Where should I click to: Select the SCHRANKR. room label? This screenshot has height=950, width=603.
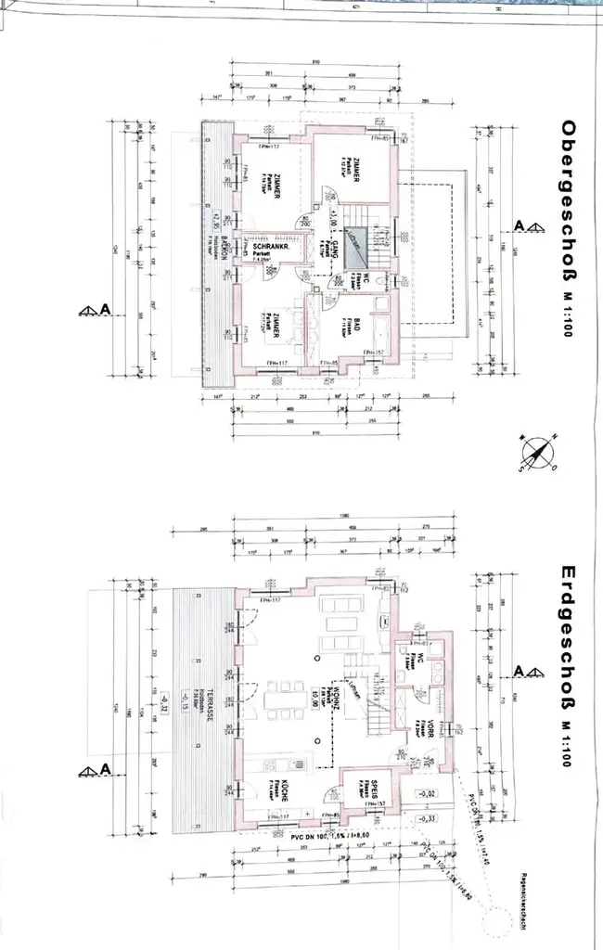(x=262, y=250)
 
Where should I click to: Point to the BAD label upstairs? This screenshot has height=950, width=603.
(x=358, y=327)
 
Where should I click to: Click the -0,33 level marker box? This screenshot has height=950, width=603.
(x=428, y=819)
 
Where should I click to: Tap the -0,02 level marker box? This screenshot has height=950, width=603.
(x=428, y=795)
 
